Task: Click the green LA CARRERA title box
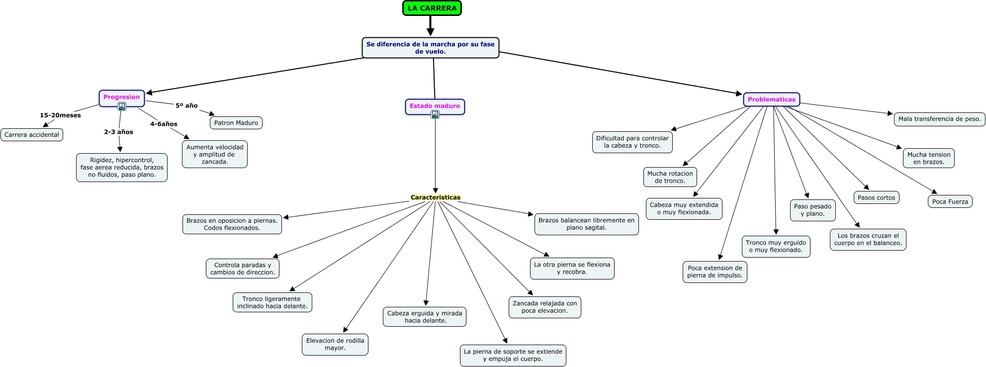pyautogui.click(x=432, y=8)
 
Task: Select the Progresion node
pyautogui.click(x=121, y=97)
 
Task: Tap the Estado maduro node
pyautogui.click(x=435, y=106)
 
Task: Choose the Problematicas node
pyautogui.click(x=771, y=99)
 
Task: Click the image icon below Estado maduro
pyautogui.click(x=435, y=115)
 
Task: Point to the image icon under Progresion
pyautogui.click(x=122, y=106)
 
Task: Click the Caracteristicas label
pyautogui.click(x=436, y=197)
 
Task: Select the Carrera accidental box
pyautogui.click(x=32, y=135)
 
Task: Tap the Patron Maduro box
pyautogui.click(x=236, y=123)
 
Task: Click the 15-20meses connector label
pyautogui.click(x=60, y=115)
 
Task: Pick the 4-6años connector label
pyautogui.click(x=164, y=124)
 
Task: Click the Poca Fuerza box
pyautogui.click(x=950, y=202)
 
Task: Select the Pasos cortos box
pyautogui.click(x=876, y=198)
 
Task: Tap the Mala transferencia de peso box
pyautogui.click(x=939, y=119)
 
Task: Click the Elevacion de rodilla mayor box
pyautogui.click(x=335, y=345)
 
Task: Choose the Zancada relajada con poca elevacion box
pyautogui.click(x=544, y=307)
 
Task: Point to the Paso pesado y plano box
pyautogui.click(x=812, y=210)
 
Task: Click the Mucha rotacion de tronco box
pyautogui.click(x=670, y=178)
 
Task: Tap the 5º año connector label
pyautogui.click(x=186, y=106)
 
